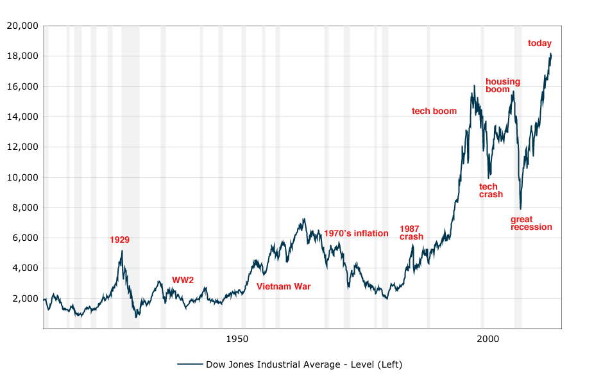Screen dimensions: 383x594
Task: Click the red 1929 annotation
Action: [119, 240]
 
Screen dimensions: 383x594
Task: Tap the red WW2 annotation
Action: [183, 280]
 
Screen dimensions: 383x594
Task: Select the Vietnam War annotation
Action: [284, 286]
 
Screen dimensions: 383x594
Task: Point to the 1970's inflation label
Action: [356, 234]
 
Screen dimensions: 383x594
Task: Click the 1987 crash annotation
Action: [411, 232]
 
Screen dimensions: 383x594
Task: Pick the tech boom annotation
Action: [434, 111]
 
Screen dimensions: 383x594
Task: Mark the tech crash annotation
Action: [491, 191]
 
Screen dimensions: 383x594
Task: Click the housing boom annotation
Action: [503, 85]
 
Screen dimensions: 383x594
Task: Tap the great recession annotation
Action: [531, 223]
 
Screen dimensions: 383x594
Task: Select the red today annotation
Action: [539, 44]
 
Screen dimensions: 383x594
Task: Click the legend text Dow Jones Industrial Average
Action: [303, 364]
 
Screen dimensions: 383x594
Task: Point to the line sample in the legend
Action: [190, 364]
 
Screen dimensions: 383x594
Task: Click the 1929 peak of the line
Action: [122, 250]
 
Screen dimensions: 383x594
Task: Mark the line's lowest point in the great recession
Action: [520, 209]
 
